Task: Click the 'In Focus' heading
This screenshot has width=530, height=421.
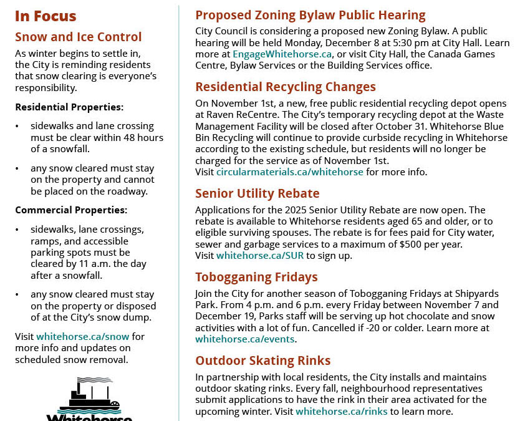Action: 46,16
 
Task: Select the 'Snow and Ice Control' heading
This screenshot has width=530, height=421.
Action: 79,37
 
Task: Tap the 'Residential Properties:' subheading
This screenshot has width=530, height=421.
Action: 69,107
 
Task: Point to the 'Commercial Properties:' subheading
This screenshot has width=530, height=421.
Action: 71,210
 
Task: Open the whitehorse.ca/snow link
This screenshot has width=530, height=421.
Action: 83,337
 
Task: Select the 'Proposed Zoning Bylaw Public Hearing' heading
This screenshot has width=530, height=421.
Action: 311,15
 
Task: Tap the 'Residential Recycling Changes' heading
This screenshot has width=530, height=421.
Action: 286,87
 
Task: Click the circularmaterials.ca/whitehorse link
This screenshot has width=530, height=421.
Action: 290,172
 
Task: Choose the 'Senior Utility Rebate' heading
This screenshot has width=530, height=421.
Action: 258,193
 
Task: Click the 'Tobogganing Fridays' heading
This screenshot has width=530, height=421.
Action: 256,277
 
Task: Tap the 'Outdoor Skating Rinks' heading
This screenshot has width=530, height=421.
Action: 263,361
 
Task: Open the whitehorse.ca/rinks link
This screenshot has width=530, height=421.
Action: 342,412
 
